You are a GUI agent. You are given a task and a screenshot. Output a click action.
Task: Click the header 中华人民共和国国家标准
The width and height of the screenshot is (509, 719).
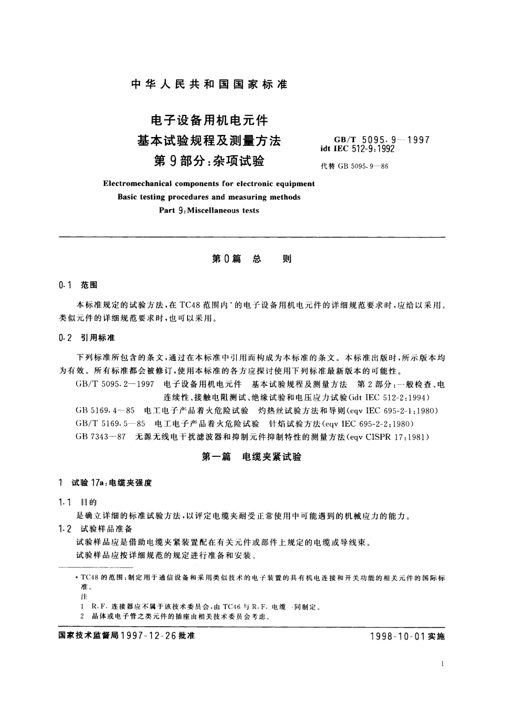click(x=209, y=84)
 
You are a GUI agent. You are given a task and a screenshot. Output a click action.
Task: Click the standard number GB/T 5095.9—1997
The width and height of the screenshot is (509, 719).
click(x=381, y=139)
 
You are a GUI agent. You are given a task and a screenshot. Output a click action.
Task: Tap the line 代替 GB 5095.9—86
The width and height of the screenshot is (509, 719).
click(x=354, y=167)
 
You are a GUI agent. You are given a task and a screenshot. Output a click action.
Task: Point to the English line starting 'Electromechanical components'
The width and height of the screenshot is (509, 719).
click(x=209, y=184)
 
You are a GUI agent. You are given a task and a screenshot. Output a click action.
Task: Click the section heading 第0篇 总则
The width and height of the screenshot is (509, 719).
click(x=252, y=259)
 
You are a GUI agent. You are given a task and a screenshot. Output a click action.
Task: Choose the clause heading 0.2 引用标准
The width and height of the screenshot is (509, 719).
click(x=87, y=338)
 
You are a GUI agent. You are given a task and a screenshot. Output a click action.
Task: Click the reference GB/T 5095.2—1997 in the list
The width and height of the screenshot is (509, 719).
click(x=115, y=384)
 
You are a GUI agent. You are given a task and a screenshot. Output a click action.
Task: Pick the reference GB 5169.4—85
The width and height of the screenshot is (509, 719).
click(x=105, y=411)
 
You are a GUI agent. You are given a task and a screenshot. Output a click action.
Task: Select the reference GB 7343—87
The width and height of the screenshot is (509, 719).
click(x=100, y=437)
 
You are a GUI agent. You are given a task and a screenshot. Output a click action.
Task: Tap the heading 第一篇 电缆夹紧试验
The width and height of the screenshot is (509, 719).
click(x=251, y=457)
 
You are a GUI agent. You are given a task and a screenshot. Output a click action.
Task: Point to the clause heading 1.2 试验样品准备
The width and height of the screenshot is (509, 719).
click(x=96, y=529)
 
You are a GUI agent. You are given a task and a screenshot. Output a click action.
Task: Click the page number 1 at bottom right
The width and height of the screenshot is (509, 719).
click(x=442, y=663)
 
